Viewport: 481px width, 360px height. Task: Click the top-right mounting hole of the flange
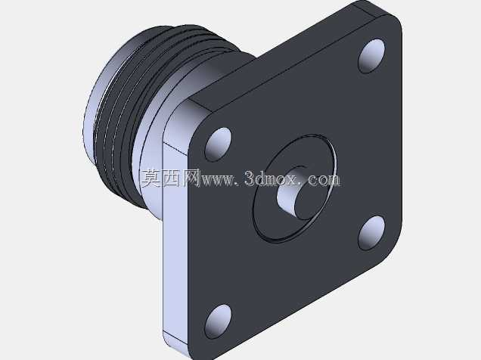point(371,56)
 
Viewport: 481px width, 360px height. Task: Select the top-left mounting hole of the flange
point(218,144)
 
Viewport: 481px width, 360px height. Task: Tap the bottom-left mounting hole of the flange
point(218,321)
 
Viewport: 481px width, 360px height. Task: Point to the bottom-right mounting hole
point(371,233)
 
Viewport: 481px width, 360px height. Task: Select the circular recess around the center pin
point(294,188)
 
